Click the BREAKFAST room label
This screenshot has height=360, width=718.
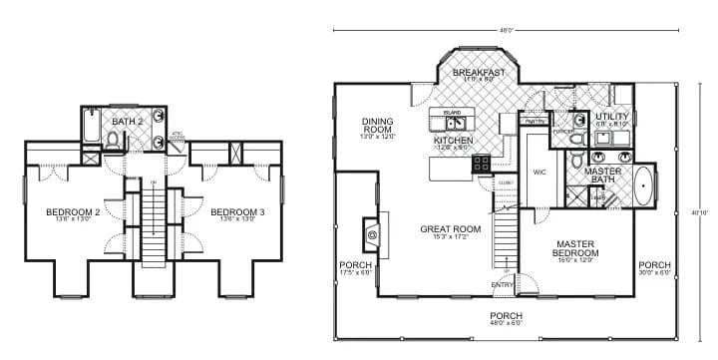point(479,73)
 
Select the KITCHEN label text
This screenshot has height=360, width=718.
point(453,142)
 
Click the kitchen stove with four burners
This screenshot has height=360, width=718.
point(481,164)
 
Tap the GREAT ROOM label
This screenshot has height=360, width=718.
point(451,229)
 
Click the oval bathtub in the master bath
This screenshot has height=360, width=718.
point(646,185)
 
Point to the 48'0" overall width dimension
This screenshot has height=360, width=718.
point(506,30)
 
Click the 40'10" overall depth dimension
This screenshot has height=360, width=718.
point(702,211)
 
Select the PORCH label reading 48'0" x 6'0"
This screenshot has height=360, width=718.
point(506,318)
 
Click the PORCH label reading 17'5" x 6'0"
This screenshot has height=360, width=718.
point(355,267)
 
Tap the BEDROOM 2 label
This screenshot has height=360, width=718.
point(73,212)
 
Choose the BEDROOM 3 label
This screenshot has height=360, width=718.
point(236,212)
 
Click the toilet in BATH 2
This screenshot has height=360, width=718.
point(112,140)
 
